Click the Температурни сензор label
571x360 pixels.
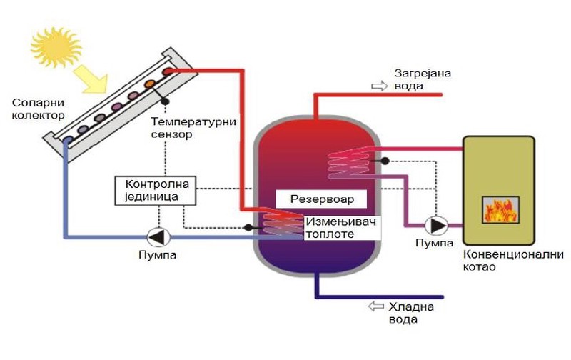pos(193,127)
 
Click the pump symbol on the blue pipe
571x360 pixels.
pos(157,236)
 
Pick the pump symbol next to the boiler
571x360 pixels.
pos(435,225)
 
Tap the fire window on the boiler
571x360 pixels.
pos(500,209)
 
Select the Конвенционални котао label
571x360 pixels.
pos(512,261)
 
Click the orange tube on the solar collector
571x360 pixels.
pos(150,84)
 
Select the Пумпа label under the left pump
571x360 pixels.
pos(157,254)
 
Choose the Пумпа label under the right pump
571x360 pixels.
pos(435,244)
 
